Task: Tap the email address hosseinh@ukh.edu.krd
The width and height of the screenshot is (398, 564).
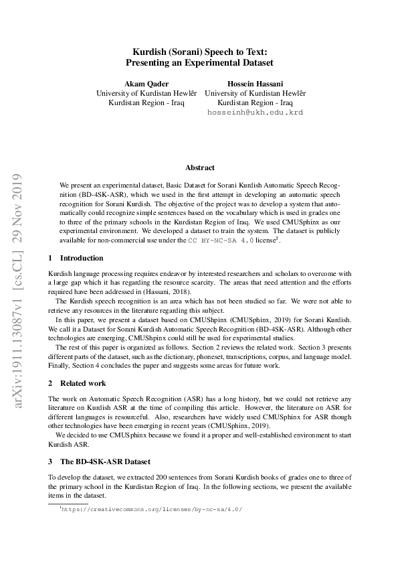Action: (256, 113)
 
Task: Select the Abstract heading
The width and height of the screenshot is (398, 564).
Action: (199, 168)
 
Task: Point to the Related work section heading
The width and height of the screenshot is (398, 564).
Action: (83, 384)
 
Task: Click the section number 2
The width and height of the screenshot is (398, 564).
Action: (50, 384)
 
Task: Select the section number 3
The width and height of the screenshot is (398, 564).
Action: (50, 462)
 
